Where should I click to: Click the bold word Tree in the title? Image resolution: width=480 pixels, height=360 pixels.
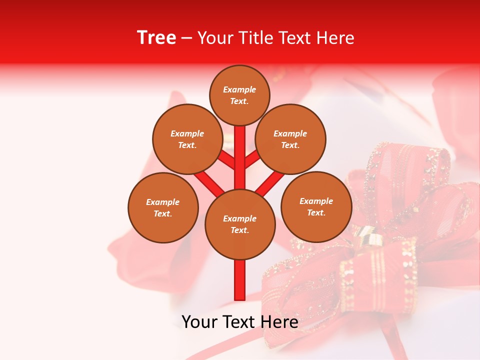[x=156, y=37]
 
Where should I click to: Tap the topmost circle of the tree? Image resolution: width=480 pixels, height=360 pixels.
[x=239, y=95]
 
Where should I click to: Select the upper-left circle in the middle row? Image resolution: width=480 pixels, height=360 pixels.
[x=187, y=139]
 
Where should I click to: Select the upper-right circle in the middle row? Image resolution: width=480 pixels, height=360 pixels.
[x=290, y=139]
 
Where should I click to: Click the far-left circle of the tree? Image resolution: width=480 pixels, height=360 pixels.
[x=163, y=207]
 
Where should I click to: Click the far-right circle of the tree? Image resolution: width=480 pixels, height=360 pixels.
[x=316, y=206]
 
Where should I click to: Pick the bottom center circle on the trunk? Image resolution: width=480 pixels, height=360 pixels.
[x=240, y=224]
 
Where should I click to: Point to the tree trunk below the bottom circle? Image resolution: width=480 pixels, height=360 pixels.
[x=240, y=280]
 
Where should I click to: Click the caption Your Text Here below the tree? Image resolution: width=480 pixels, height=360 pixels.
[x=239, y=322]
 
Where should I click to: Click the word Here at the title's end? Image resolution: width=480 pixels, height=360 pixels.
[x=336, y=38]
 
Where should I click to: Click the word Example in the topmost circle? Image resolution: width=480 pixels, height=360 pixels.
[x=239, y=90]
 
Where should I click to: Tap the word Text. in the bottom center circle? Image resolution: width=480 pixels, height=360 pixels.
[x=239, y=230]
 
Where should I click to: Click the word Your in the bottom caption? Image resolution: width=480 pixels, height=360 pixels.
[x=199, y=322]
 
